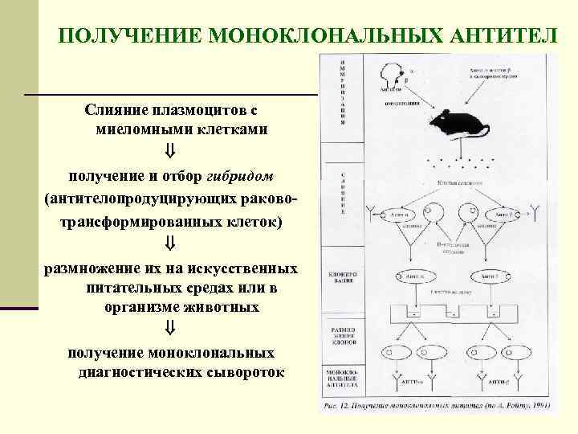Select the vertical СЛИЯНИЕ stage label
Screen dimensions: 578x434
coord(343,194)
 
